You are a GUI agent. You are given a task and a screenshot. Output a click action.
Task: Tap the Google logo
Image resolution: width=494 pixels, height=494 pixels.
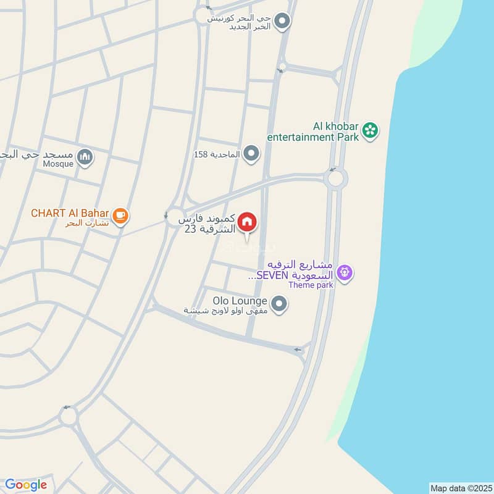pos(26,485)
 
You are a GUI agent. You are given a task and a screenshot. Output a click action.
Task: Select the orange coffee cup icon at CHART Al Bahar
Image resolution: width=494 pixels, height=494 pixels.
pos(121,215)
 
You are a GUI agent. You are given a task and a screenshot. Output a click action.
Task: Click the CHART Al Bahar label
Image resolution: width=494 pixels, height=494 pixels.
pos(70,214)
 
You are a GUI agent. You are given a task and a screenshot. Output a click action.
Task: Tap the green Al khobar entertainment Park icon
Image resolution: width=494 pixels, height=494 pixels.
pos(370,130)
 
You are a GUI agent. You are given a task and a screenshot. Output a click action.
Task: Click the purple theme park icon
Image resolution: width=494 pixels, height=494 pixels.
pos(345,272)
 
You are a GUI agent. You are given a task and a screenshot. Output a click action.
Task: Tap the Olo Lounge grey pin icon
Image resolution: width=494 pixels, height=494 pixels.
pos(280,303)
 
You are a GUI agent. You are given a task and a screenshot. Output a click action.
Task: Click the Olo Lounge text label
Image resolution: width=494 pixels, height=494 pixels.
pos(240,301)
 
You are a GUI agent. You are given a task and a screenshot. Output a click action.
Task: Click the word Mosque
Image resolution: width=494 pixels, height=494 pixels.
pos(58,164)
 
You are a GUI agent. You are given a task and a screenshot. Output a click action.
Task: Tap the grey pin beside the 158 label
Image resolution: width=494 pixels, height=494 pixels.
pos(251,153)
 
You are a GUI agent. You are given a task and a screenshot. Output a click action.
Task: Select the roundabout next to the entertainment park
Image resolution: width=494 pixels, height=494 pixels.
pos(336,180)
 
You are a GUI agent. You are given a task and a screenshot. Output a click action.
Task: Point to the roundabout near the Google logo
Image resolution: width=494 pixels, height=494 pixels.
pos(68,417)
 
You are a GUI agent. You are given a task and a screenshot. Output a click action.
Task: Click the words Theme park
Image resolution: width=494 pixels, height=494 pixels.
pos(311,285)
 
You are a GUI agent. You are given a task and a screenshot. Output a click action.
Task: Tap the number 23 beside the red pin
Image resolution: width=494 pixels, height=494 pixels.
pos(191,229)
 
